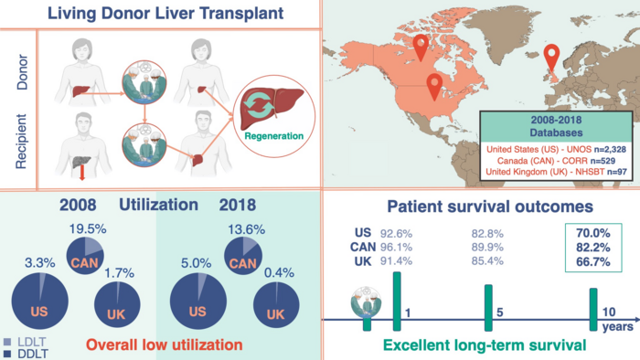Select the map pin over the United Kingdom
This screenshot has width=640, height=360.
[x=550, y=59]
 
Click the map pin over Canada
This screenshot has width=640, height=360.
[x=421, y=48]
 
